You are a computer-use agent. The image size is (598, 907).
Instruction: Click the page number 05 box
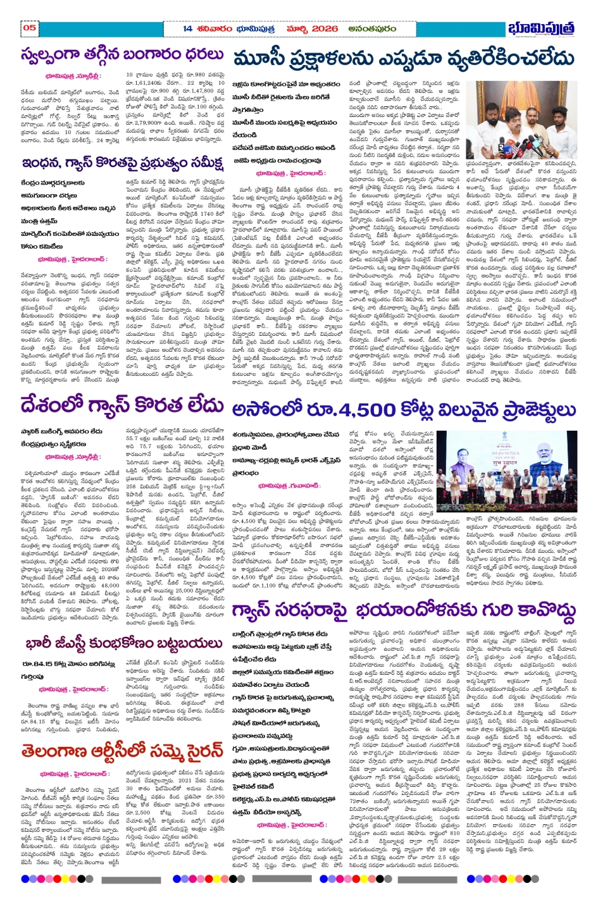click(30, 27)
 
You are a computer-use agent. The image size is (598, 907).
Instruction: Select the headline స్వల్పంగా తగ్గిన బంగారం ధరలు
click(122, 55)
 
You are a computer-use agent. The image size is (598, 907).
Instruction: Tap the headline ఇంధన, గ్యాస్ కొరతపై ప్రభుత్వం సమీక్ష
click(122, 163)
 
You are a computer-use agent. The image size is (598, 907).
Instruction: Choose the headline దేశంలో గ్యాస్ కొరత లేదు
click(121, 405)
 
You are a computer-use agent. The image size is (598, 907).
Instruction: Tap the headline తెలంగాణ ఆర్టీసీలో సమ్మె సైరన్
click(122, 751)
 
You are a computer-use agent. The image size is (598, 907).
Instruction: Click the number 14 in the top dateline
click(187, 28)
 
